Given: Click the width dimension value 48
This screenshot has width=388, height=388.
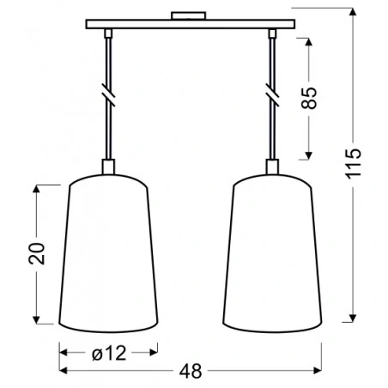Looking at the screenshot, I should coord(193,371).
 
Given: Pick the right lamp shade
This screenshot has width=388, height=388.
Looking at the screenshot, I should coord(274,253).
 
